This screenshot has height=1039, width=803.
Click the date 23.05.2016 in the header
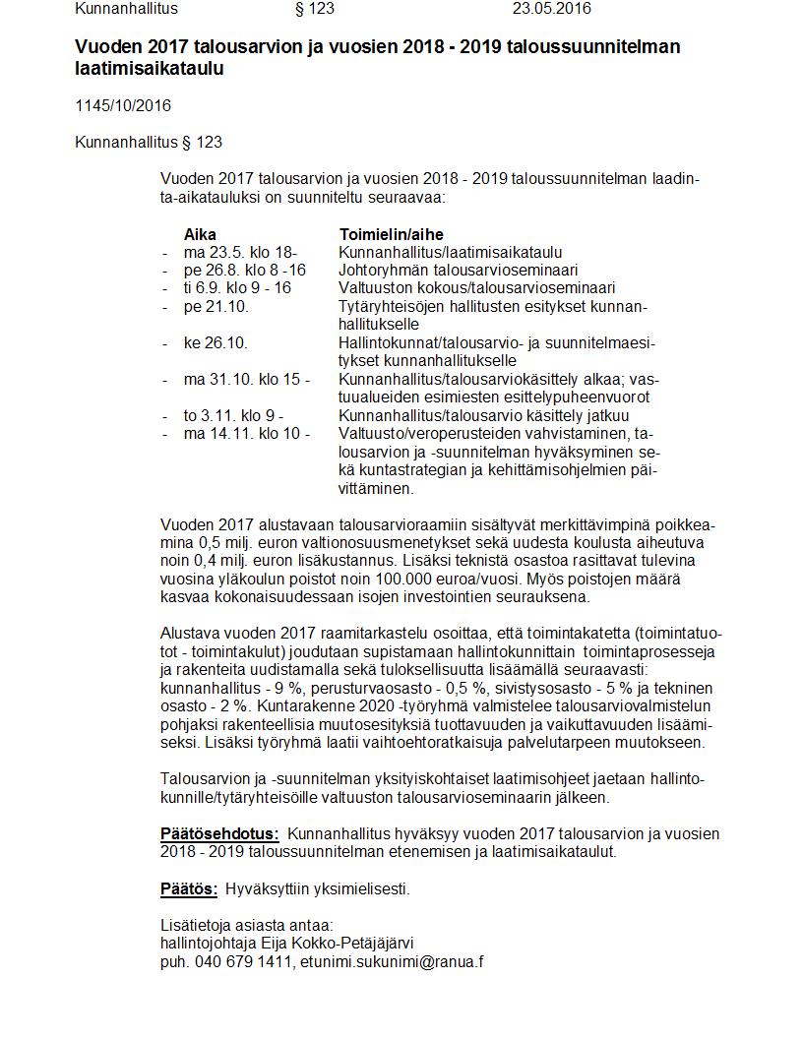click(552, 9)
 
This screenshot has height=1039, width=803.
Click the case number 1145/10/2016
click(123, 106)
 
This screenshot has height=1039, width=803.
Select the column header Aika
click(200, 235)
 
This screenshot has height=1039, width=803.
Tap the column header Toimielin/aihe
click(391, 235)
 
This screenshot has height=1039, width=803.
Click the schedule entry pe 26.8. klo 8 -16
click(245, 270)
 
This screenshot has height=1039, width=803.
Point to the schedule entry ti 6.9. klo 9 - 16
click(237, 288)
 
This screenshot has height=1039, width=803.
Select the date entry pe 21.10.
click(216, 306)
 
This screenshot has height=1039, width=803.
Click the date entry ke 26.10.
click(216, 343)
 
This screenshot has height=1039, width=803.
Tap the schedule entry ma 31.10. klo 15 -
click(247, 380)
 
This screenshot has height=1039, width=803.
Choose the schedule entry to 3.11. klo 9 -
click(234, 416)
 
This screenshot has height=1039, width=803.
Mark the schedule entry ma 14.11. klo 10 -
click(247, 434)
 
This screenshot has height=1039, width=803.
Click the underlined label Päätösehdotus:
click(219, 834)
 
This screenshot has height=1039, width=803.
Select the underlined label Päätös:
click(189, 889)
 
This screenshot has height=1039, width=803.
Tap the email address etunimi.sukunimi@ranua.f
click(392, 962)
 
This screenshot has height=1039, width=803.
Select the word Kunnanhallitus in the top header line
click(126, 9)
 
